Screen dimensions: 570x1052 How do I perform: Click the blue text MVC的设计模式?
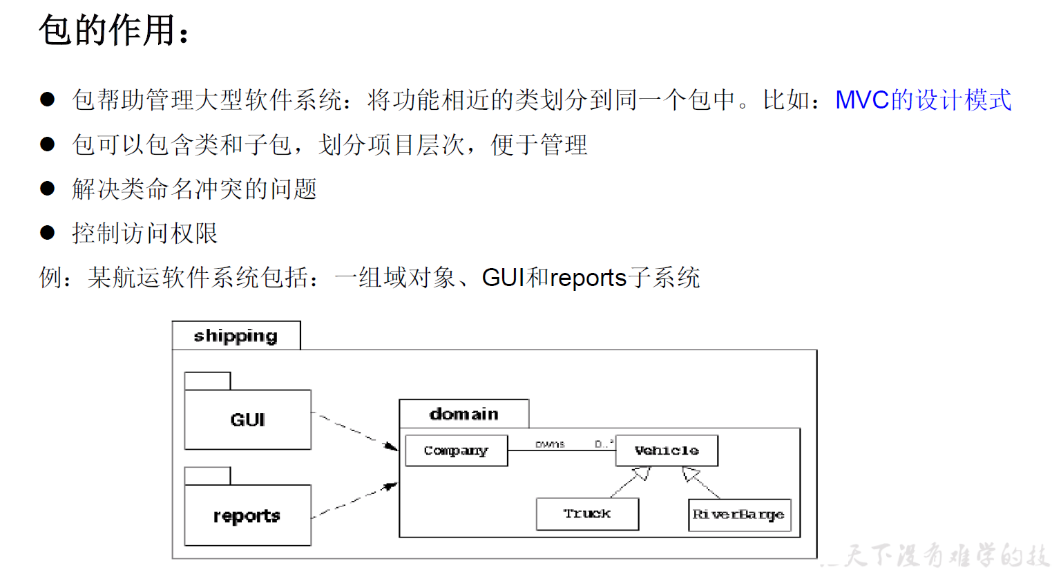[x=923, y=100]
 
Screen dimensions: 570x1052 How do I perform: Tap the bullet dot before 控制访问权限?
[x=48, y=233]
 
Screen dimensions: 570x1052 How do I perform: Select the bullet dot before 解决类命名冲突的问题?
[x=48, y=189]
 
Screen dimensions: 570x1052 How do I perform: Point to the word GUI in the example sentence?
[x=503, y=278]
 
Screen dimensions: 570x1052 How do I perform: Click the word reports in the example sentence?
[x=588, y=278]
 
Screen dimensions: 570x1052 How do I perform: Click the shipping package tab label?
[x=236, y=336]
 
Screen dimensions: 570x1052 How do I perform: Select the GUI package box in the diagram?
[x=247, y=419]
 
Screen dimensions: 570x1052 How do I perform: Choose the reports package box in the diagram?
[x=247, y=515]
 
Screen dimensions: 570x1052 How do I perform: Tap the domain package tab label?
[x=463, y=414]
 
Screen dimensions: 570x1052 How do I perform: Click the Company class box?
[x=456, y=450]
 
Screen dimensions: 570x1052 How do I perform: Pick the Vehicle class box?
[x=667, y=450]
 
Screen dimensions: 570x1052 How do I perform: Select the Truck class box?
[x=587, y=514]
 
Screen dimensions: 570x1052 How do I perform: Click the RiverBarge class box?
[x=739, y=515]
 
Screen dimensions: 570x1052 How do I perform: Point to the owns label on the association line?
[x=550, y=444]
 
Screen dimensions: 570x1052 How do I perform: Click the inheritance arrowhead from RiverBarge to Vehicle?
[x=690, y=474]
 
